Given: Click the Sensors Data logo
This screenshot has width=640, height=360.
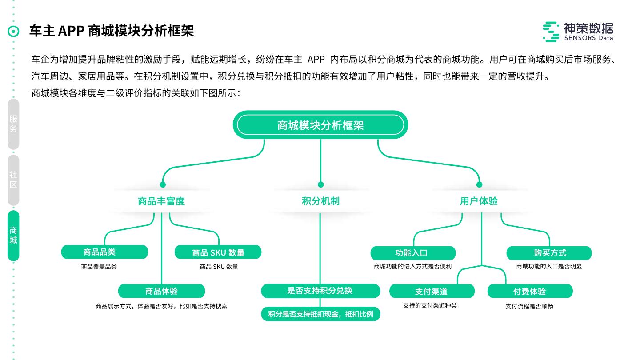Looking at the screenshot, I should [578, 32].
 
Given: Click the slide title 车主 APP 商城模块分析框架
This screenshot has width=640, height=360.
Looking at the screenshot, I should [112, 31].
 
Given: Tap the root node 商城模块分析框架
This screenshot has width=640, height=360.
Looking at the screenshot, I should [320, 125].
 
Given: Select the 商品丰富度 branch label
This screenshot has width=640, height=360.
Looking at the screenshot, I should [161, 201].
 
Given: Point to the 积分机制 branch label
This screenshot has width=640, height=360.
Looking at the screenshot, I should [320, 201].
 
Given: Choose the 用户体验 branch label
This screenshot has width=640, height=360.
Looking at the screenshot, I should [479, 201].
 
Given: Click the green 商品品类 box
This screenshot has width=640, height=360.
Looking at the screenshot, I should [104, 252].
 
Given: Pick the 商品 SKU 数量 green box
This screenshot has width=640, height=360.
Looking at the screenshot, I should [218, 252].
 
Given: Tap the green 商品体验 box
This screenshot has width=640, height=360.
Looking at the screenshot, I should [161, 291].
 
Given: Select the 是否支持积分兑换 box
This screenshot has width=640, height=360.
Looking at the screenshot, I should [320, 291].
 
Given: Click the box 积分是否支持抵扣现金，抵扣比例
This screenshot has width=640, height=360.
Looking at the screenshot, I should [320, 314].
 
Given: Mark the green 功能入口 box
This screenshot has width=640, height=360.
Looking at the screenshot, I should [413, 253].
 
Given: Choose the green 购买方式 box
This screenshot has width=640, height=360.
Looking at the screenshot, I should [549, 253].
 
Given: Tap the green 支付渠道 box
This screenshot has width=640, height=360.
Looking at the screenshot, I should [432, 292].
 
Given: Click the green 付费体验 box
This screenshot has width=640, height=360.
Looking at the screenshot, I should [530, 292].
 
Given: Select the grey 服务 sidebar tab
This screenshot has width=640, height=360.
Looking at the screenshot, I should [13, 124].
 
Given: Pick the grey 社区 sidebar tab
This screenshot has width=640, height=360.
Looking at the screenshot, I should [13, 180].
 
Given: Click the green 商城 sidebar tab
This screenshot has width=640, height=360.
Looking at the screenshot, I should [13, 236].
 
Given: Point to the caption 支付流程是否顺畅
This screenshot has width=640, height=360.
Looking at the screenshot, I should [529, 306].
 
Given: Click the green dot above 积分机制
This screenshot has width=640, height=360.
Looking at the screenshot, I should [320, 184].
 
